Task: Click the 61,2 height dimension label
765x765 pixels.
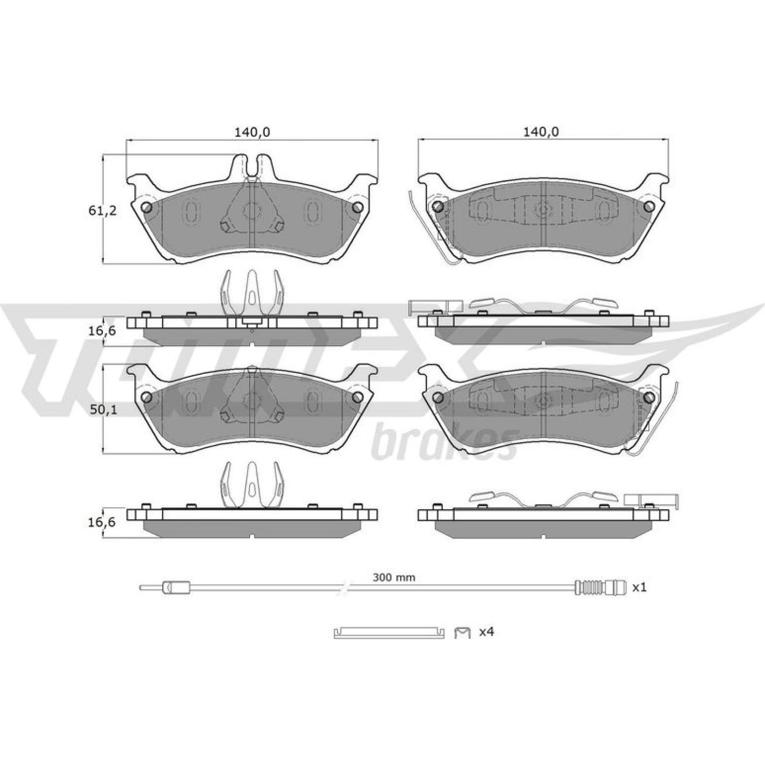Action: pyautogui.click(x=102, y=210)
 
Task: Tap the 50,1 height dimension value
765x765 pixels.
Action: pyautogui.click(x=102, y=410)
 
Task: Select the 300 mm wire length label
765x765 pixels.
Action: pyautogui.click(x=394, y=578)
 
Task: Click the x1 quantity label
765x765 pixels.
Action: pyautogui.click(x=639, y=588)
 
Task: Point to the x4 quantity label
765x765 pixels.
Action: pyautogui.click(x=486, y=632)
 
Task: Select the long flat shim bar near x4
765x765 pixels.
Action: pyautogui.click(x=389, y=633)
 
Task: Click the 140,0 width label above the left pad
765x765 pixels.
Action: pyautogui.click(x=252, y=132)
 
